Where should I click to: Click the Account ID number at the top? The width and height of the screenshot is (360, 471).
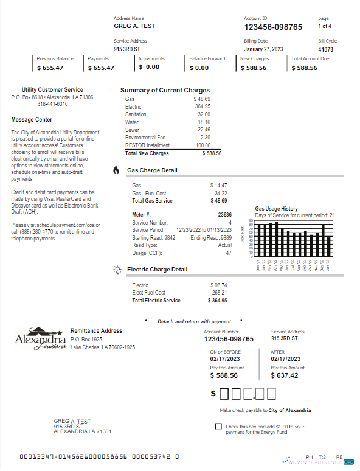pyautogui.click(x=273, y=27)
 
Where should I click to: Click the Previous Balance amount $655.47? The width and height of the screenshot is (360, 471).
pyautogui.click(x=50, y=68)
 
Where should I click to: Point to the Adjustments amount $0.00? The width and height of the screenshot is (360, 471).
pyautogui.click(x=149, y=68)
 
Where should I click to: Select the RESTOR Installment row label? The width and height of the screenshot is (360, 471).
pyautogui.click(x=146, y=145)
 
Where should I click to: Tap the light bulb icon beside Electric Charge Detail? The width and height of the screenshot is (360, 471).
pyautogui.click(x=117, y=269)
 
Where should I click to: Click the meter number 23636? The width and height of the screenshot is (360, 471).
pyautogui.click(x=224, y=215)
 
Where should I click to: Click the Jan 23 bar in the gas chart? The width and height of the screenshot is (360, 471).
pyautogui.click(x=329, y=246)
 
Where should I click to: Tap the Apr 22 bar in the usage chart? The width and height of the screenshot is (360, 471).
pyautogui.click(x=277, y=239)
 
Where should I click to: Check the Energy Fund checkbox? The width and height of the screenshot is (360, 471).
pyautogui.click(x=219, y=427)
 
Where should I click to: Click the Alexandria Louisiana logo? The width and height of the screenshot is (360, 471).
pyautogui.click(x=40, y=338)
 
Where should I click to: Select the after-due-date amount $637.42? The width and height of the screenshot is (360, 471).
pyautogui.click(x=285, y=375)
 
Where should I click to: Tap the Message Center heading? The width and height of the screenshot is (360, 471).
pyautogui.click(x=32, y=120)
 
